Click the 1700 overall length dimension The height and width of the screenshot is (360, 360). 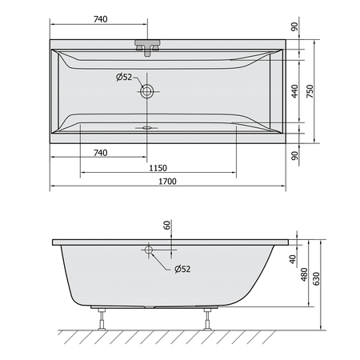click(x=167, y=182)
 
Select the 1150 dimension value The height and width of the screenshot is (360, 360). click(x=158, y=168)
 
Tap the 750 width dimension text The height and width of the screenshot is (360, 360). click(x=310, y=91)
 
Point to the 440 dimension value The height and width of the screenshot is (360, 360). click(x=294, y=91)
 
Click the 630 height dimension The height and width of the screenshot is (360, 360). click(x=316, y=278)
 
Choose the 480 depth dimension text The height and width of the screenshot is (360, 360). click(x=304, y=274)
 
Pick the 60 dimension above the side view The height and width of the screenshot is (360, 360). click(x=166, y=225)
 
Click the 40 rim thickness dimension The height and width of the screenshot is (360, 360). click(x=293, y=259)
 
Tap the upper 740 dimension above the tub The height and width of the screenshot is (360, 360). click(x=101, y=19)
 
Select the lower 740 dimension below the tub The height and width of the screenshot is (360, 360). click(x=101, y=153)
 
